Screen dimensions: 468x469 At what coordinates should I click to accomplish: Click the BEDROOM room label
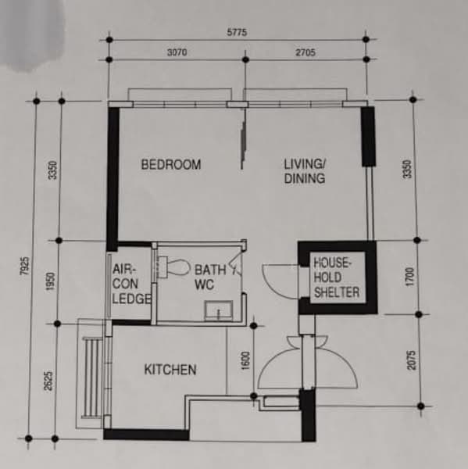[171, 164]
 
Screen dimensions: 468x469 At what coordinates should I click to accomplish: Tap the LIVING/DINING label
[305, 171]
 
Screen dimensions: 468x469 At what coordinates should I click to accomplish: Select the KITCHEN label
[170, 370]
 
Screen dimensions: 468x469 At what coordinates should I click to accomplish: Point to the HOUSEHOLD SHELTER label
[337, 277]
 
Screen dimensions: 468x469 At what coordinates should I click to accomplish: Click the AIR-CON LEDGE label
[131, 284]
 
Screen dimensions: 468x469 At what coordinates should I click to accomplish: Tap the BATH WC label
[210, 277]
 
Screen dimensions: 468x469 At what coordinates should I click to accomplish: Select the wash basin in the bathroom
[218, 310]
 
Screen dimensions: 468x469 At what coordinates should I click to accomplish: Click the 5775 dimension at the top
[237, 32]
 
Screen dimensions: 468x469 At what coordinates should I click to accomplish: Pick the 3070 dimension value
[177, 52]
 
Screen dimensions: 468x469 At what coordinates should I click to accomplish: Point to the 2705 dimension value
[305, 52]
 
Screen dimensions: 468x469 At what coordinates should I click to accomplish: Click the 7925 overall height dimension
[25, 266]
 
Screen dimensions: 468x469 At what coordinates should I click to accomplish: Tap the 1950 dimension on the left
[51, 281]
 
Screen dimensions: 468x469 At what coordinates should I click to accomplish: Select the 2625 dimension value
[48, 381]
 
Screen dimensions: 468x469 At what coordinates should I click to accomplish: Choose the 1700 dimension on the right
[409, 277]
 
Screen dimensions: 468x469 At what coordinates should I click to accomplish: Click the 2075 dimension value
[412, 360]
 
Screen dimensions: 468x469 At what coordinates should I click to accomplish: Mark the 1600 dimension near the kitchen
[245, 360]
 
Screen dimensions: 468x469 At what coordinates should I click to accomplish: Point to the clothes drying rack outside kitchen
[92, 378]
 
